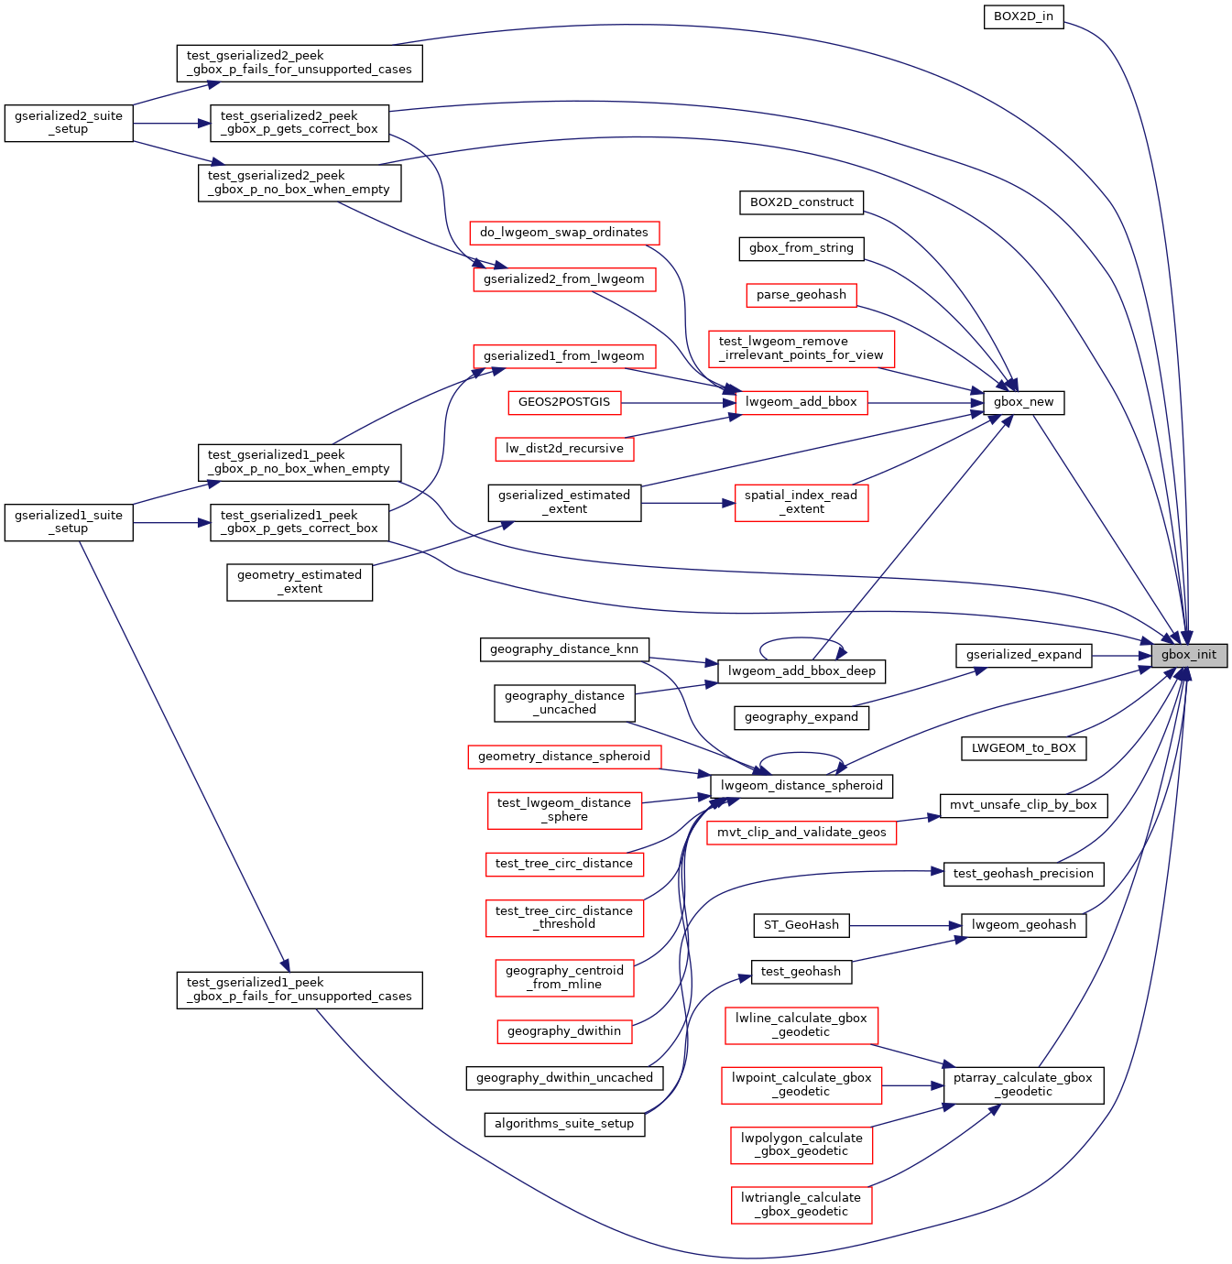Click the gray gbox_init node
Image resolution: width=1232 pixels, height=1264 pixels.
click(1189, 655)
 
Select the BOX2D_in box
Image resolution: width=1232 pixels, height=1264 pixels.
click(1023, 16)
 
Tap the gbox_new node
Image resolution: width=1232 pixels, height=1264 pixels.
click(1023, 402)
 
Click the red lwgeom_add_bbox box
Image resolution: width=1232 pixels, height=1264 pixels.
click(801, 402)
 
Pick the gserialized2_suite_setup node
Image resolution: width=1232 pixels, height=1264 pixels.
click(69, 123)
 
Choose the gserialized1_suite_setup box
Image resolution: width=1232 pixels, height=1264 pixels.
click(69, 522)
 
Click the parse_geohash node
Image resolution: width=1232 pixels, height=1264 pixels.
click(801, 295)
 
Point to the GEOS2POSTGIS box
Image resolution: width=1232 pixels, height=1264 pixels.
click(564, 402)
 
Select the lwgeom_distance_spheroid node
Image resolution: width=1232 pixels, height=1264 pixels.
click(801, 786)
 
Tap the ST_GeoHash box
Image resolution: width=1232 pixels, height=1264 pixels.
click(801, 925)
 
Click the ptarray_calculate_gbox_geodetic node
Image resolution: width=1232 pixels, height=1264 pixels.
click(1023, 1084)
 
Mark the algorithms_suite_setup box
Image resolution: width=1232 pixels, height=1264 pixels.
click(564, 1124)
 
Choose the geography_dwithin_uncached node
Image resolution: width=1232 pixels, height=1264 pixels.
click(564, 1078)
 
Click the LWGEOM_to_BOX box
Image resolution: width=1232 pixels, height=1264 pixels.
click(1023, 748)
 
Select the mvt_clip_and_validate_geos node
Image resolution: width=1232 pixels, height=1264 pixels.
click(801, 833)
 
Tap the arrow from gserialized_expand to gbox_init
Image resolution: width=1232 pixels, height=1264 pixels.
click(1121, 655)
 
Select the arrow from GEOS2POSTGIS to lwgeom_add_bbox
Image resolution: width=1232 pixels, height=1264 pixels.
click(678, 402)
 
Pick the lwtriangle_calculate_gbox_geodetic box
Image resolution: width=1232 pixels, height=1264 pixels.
click(801, 1204)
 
